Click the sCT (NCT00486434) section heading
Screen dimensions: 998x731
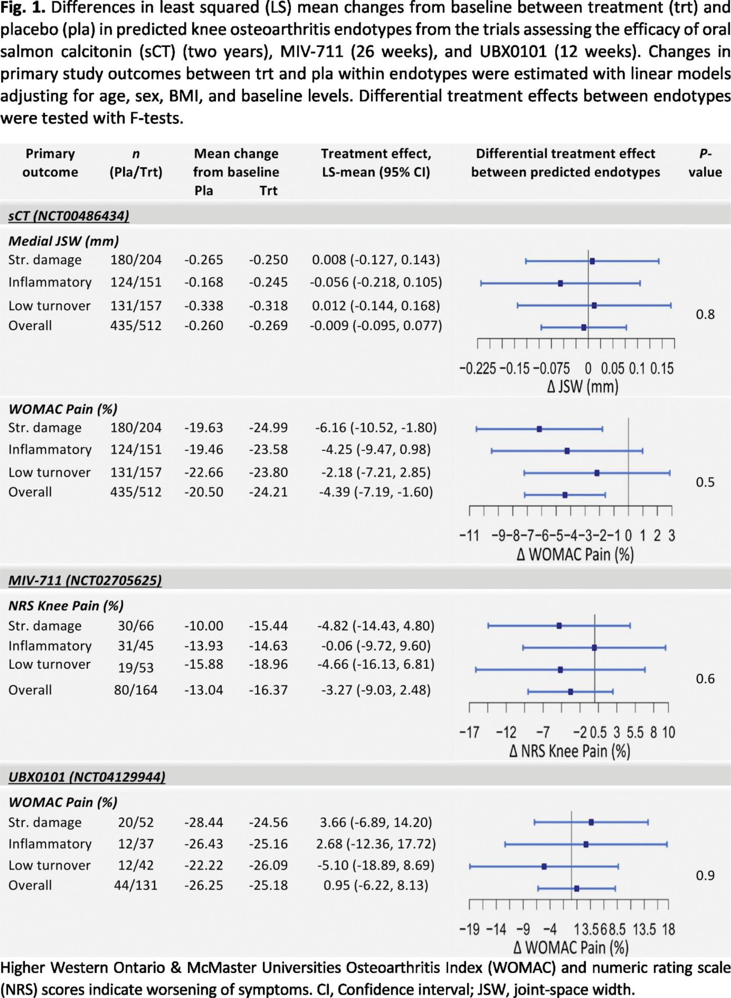[69, 216]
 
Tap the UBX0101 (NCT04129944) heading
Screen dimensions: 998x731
[87, 777]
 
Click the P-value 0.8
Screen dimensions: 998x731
[705, 315]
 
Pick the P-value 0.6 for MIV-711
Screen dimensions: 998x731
[705, 679]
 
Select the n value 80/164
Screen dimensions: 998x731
[135, 690]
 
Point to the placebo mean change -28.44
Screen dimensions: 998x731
[204, 823]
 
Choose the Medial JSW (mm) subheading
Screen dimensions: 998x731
[64, 241]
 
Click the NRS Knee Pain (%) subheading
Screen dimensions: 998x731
[66, 606]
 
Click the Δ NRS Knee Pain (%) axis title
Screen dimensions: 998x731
[570, 751]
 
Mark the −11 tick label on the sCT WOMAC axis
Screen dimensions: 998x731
[469, 536]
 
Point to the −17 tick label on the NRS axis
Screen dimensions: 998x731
[469, 733]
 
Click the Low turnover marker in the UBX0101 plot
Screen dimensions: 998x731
[544, 866]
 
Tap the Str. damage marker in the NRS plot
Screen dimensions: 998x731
[559, 626]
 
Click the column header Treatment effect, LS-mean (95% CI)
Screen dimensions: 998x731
[376, 163]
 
